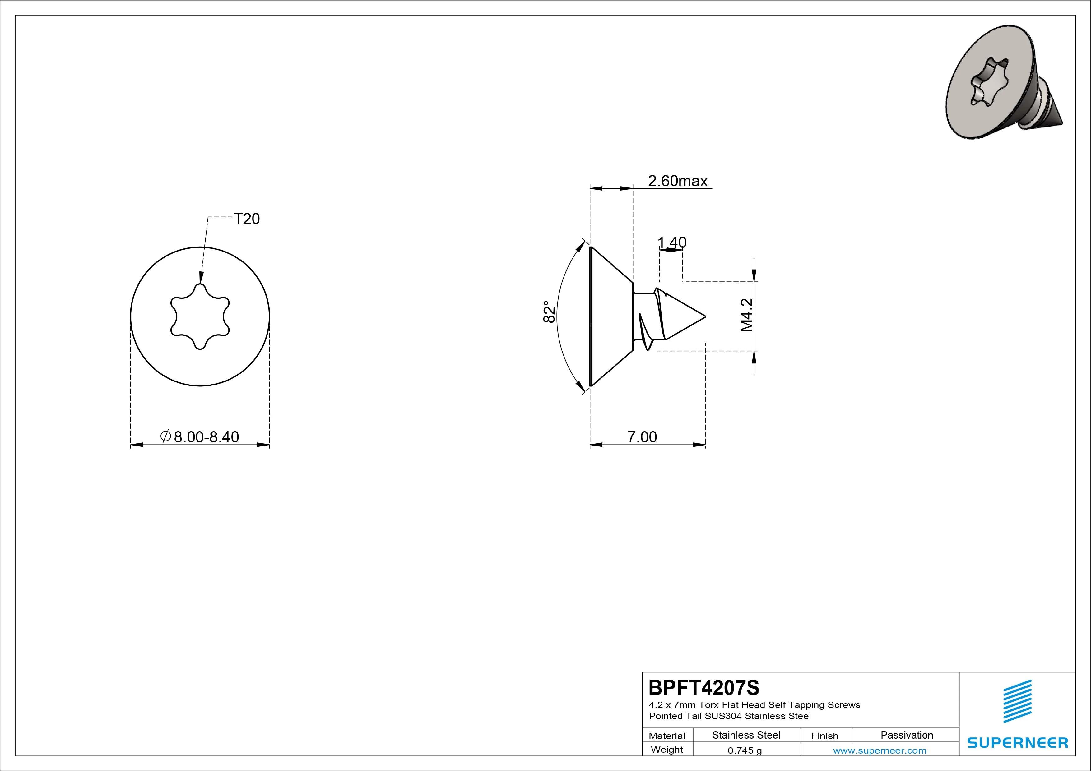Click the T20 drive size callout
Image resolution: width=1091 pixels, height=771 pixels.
point(247,219)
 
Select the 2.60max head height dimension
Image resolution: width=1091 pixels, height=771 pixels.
point(678,181)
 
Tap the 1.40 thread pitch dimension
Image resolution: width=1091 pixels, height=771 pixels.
point(672,243)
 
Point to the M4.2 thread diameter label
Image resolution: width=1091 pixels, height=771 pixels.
point(746,315)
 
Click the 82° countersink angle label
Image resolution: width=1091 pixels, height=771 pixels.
point(549,312)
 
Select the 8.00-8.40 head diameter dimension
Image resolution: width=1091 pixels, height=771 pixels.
point(200,436)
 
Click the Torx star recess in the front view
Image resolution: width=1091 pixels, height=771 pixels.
point(200,316)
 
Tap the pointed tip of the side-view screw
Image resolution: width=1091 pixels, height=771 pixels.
point(705,316)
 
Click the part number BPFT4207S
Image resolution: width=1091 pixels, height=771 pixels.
point(704,687)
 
